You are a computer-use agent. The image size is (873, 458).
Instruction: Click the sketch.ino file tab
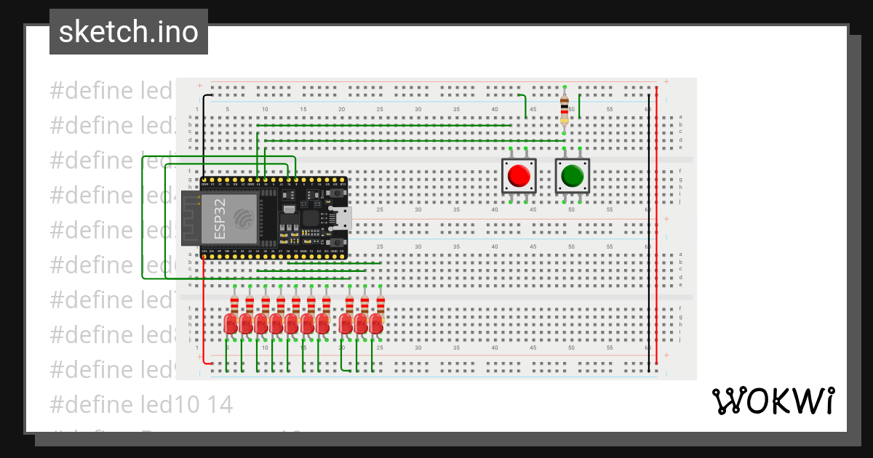(129, 32)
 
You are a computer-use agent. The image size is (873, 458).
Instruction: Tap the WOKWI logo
(772, 401)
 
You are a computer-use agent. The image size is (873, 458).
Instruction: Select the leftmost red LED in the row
(231, 324)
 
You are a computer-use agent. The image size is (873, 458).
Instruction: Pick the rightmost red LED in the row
(376, 324)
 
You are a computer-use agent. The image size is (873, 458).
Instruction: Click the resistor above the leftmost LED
(234, 303)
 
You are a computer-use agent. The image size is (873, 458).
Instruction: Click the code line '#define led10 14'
(141, 404)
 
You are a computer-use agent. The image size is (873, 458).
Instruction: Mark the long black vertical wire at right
(649, 233)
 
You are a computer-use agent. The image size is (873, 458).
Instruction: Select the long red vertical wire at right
(656, 225)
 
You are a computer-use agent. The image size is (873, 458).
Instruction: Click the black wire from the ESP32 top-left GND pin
(204, 138)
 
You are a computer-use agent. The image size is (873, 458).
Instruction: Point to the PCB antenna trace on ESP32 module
(191, 218)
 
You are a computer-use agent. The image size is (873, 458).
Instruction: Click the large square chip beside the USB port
(311, 217)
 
